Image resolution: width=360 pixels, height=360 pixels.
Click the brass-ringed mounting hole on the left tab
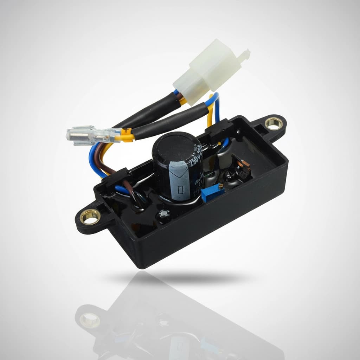90,217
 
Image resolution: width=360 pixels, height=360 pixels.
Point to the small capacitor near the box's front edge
163,215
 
